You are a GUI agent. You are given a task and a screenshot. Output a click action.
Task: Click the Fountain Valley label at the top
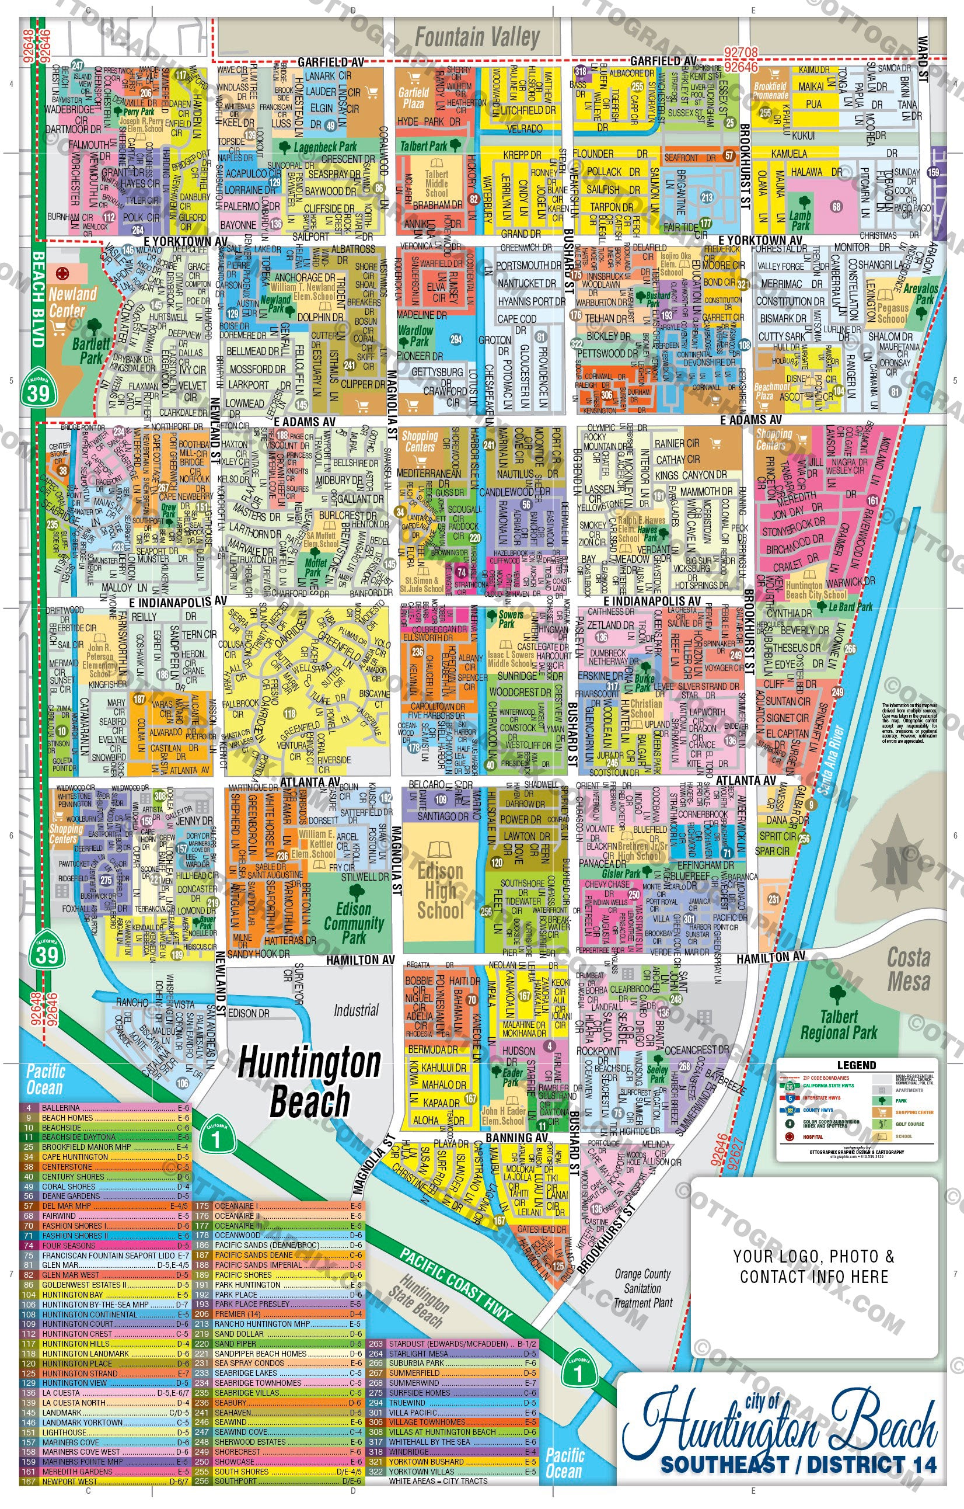point(477,37)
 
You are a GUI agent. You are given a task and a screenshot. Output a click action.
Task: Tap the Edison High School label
point(441,891)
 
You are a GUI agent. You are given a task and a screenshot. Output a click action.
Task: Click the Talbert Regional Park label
point(839,1025)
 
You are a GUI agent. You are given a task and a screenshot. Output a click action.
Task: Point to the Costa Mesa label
point(908,969)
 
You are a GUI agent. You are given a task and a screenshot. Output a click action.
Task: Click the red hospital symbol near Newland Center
point(62,273)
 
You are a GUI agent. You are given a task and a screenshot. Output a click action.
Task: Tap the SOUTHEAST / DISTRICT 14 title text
point(799,1465)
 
